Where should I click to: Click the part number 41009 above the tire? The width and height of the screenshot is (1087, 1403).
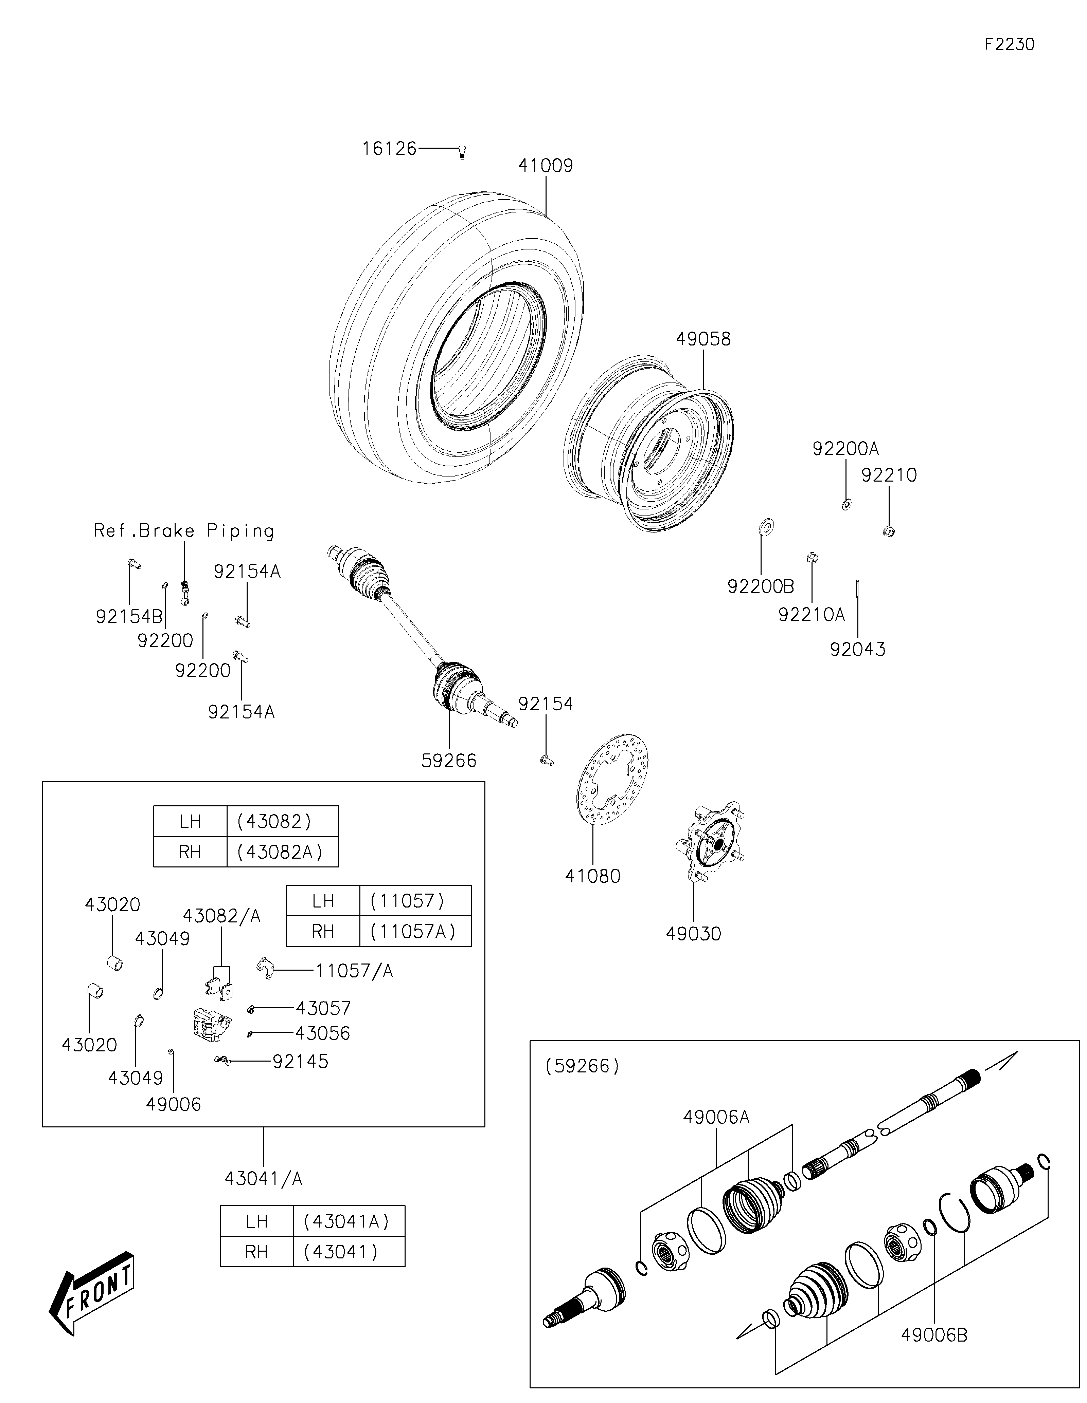546,166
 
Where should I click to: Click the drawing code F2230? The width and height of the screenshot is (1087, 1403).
1009,44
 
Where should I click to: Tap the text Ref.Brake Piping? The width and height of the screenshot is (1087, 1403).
184,531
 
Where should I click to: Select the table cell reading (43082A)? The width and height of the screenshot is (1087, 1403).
282,852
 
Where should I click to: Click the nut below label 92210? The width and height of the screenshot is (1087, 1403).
889,531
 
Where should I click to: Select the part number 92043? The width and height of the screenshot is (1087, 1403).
857,650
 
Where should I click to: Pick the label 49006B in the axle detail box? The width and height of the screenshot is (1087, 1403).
934,1335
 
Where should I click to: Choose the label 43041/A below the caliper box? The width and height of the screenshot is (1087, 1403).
264,1179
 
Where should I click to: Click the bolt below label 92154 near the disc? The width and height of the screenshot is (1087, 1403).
547,761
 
